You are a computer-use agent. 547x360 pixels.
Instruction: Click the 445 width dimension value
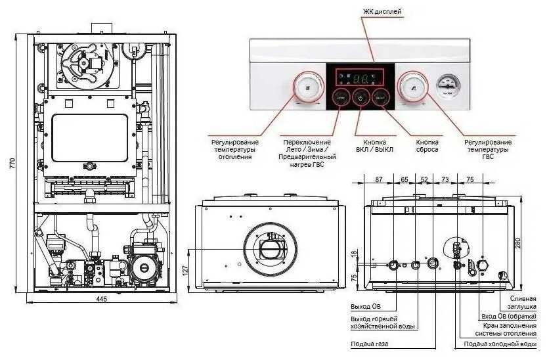[x=101, y=299]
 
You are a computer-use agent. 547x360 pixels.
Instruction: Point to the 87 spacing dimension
[x=378, y=179]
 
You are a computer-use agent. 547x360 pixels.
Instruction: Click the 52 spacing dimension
[x=424, y=179]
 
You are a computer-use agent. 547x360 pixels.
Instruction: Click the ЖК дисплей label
[x=382, y=12]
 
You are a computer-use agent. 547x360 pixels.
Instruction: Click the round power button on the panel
[x=360, y=97]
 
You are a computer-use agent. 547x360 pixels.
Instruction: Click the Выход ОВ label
[x=365, y=307]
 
